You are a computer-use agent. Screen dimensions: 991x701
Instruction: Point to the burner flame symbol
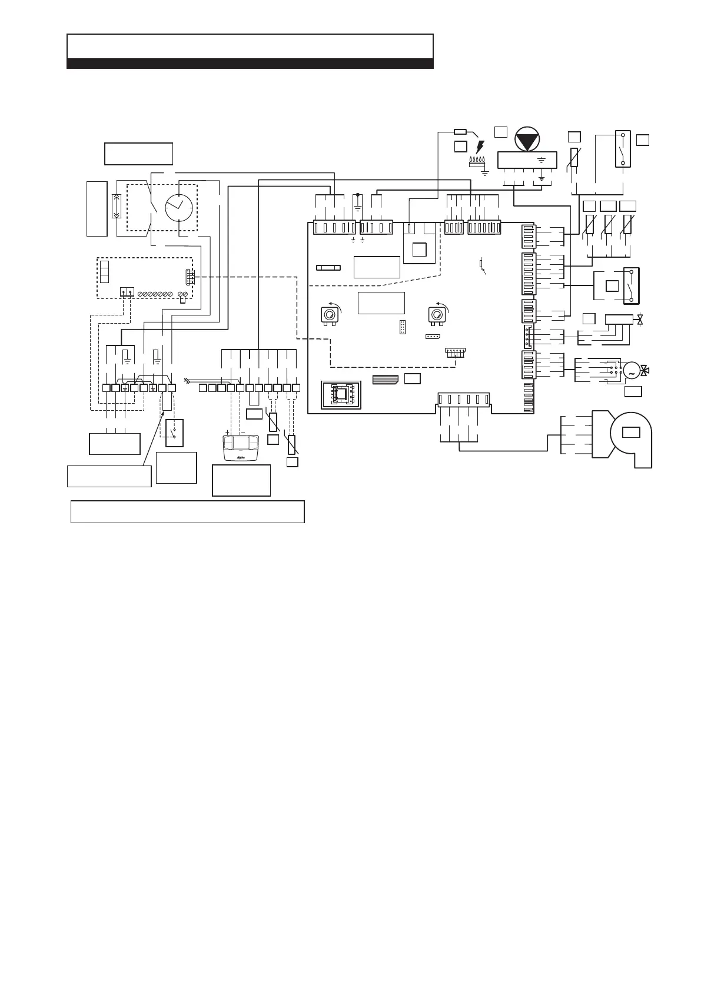[x=476, y=162]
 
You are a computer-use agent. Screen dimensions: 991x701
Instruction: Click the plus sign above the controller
[x=228, y=431]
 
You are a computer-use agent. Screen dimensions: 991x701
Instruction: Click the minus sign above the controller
[x=242, y=431]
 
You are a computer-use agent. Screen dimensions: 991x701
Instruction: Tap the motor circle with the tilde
[x=630, y=371]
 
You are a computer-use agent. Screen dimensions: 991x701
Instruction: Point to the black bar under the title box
[x=250, y=64]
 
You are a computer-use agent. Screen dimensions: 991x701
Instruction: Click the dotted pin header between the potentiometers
[x=403, y=327]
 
